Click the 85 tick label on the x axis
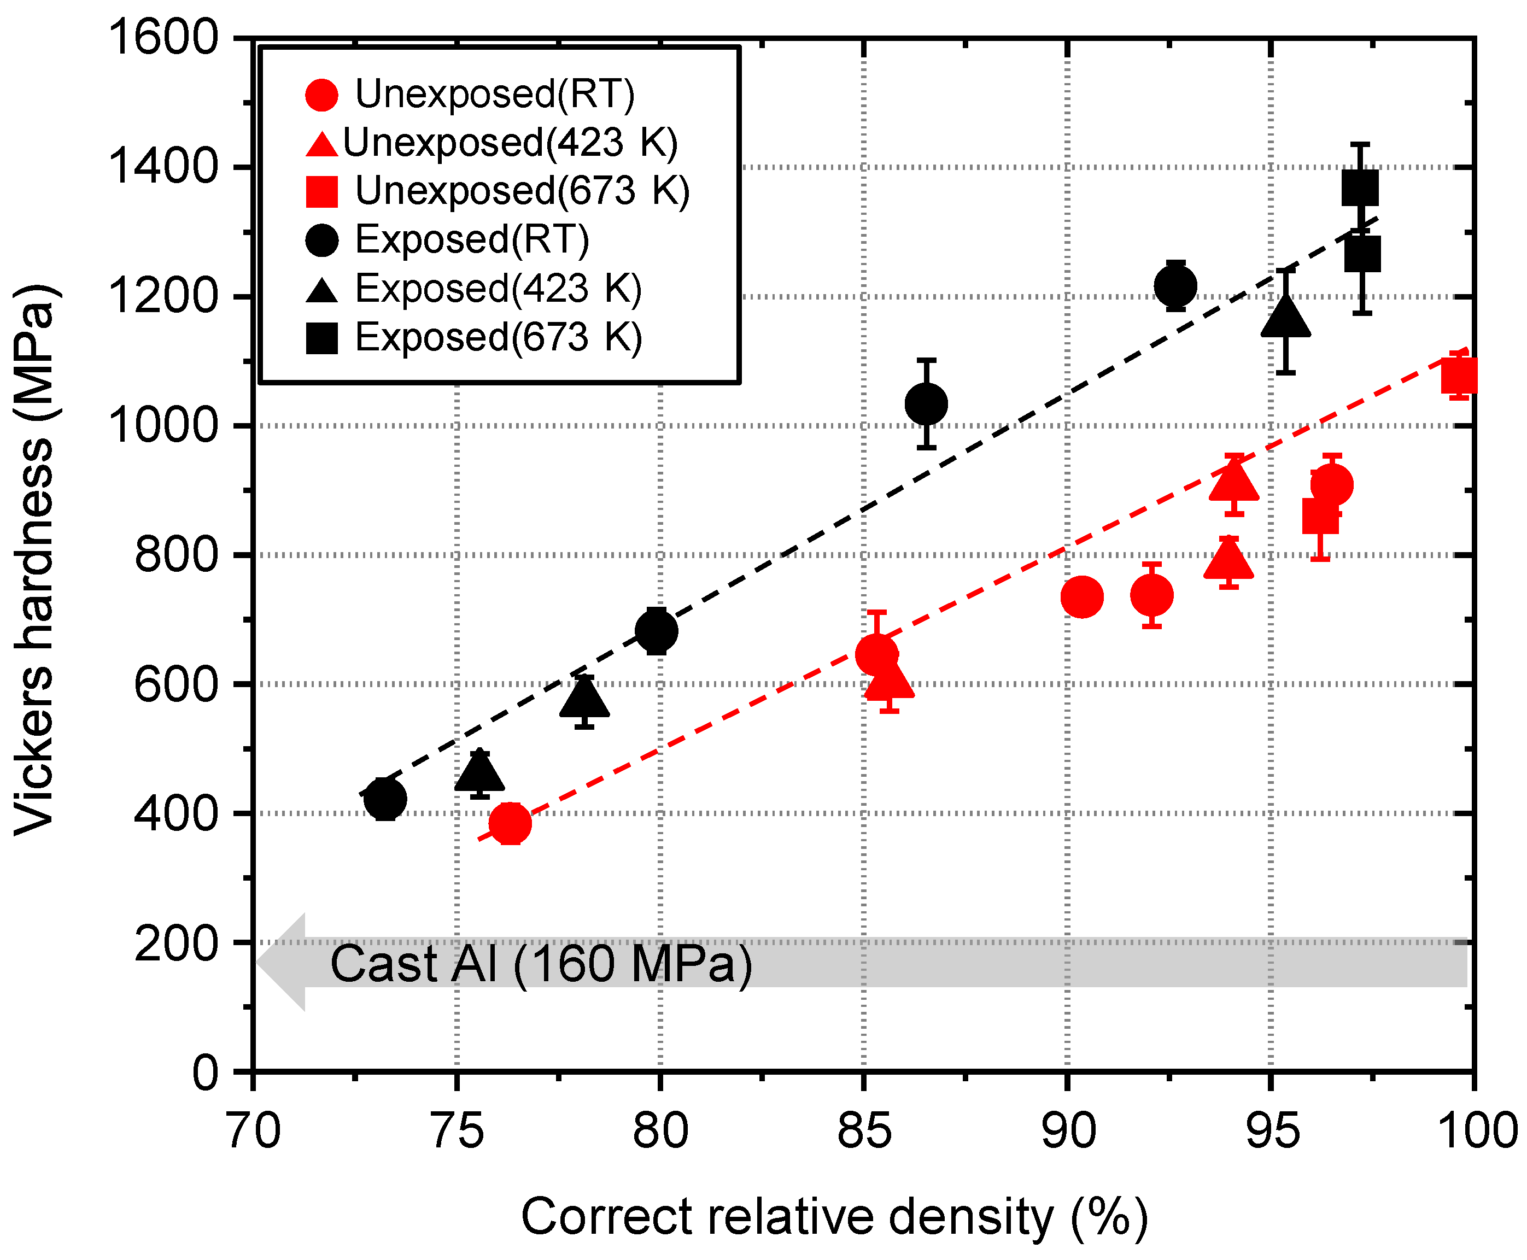864,1130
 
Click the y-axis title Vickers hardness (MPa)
35,559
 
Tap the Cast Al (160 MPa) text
541,964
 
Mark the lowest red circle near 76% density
510,823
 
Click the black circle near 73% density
385,799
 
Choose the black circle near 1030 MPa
926,403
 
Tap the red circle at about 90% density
1081,596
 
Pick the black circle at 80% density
656,631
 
